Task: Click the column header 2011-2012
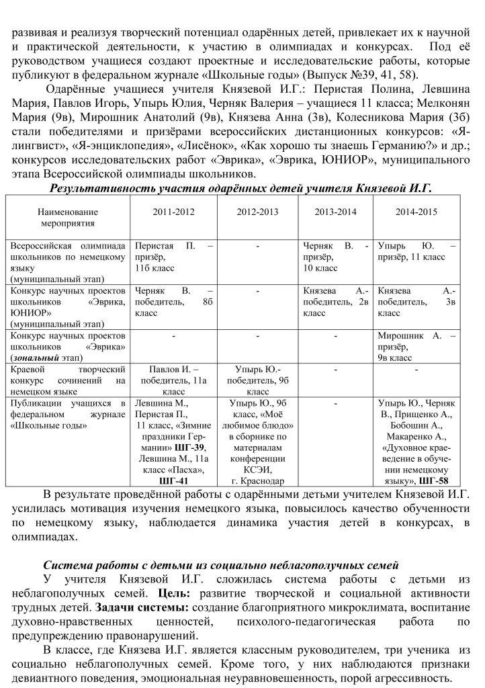point(174,211)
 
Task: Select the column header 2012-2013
point(257,211)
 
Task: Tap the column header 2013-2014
point(335,211)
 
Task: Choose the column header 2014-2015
point(416,211)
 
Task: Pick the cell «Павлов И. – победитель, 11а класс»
point(174,380)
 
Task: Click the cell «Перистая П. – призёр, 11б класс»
point(174,257)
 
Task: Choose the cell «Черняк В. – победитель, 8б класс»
point(174,302)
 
